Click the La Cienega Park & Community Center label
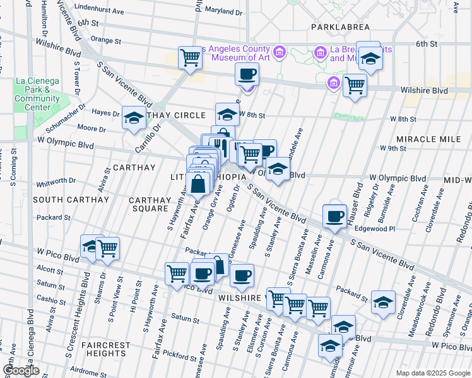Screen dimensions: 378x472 (37, 94)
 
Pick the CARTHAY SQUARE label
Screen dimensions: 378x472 (150, 205)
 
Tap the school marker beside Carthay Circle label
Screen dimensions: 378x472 (134, 117)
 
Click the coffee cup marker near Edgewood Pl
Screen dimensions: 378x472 (334, 216)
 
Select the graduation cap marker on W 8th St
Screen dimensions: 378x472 (227, 114)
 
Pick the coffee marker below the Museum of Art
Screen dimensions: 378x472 (247, 74)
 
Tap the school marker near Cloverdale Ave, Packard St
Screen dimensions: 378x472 (383, 302)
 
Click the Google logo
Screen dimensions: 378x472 (21, 370)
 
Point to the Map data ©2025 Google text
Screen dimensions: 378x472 (432, 373)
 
